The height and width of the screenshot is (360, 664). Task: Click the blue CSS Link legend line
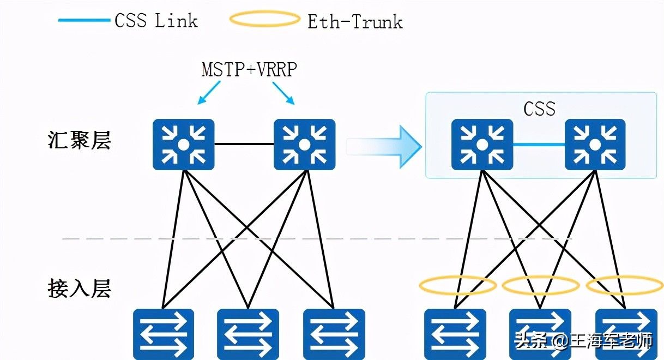pos(84,20)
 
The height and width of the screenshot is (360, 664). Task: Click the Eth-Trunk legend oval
pos(265,20)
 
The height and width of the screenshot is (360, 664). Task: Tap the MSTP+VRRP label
pos(249,70)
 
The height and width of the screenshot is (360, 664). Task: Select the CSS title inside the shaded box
pos(539,109)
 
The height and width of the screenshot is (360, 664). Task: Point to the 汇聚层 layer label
pos(80,140)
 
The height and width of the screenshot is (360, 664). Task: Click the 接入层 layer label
pos(80,288)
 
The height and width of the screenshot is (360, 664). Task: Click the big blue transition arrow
pos(384,146)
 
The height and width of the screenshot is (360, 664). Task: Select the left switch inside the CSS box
pos(482,145)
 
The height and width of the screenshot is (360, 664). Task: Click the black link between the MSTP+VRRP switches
pos(244,145)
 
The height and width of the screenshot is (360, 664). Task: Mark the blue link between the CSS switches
pos(539,145)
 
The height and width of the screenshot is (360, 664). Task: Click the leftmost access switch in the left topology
pos(164,333)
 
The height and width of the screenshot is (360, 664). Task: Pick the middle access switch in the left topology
pos(248,333)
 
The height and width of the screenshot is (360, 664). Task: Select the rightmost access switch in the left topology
pos(334,333)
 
